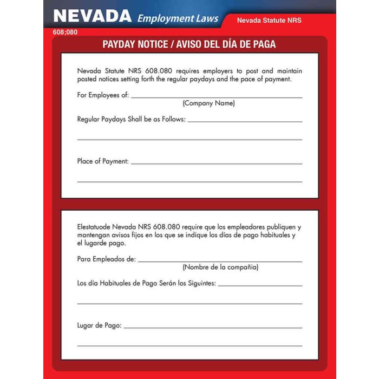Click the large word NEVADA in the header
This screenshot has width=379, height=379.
93,16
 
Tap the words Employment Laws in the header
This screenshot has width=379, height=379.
178,18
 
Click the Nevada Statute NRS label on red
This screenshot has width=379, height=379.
269,21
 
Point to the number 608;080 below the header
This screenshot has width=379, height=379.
66,32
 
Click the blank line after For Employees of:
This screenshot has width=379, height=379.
217,97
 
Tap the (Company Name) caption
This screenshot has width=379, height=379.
208,103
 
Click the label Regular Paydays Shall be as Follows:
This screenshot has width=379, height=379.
132,119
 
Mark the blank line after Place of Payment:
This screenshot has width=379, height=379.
217,164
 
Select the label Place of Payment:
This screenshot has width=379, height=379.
103,161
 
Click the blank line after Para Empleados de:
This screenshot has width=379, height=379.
220,262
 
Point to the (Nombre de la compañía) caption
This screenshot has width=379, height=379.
220,267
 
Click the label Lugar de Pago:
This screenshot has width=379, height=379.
100,325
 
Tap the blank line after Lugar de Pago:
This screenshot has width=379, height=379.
213,328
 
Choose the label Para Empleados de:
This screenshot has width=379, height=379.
107,259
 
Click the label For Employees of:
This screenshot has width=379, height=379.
103,95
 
